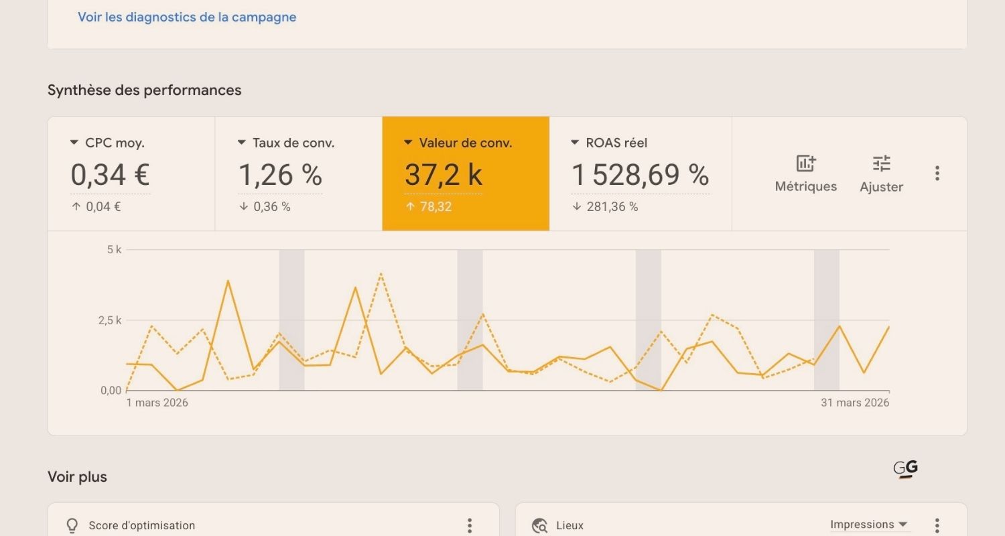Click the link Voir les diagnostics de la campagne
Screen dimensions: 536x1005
[x=187, y=17]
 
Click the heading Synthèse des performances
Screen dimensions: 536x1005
[x=144, y=90]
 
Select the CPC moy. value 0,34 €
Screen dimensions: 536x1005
[x=110, y=176]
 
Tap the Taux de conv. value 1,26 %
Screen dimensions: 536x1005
[x=280, y=176]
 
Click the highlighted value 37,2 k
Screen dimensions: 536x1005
[x=443, y=176]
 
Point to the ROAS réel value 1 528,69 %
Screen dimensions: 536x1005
[x=640, y=176]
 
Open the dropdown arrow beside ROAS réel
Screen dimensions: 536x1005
[x=575, y=143]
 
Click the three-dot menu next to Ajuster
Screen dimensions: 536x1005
[x=937, y=174]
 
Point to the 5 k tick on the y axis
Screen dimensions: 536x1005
[x=114, y=250]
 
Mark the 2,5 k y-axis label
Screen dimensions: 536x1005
[x=109, y=320]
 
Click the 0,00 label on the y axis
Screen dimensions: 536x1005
[x=111, y=391]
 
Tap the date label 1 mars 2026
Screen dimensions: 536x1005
[x=157, y=403]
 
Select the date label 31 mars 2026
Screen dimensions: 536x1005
[x=855, y=403]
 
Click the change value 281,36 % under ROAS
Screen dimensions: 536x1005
[x=612, y=207]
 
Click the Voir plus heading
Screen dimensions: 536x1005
[x=77, y=477]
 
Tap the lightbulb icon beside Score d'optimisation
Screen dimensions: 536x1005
[x=72, y=526]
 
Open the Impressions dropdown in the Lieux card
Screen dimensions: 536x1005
[x=869, y=525]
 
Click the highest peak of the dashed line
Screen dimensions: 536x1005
[x=381, y=273]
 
